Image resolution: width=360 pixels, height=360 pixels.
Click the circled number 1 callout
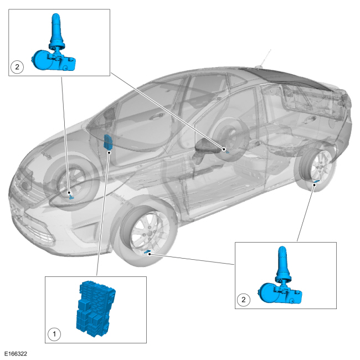tap(54, 333)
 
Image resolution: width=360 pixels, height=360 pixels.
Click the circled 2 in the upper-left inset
tap(17, 67)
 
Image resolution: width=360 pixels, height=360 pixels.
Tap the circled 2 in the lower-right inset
tap(243, 300)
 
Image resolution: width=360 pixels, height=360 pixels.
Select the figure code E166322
tap(16, 354)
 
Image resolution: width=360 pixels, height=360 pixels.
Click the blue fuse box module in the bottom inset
tap(95, 308)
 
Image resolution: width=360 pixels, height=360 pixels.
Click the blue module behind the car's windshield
tap(107, 142)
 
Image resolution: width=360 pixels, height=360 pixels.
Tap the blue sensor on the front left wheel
tap(72, 197)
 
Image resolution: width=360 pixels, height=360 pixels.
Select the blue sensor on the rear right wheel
tap(317, 182)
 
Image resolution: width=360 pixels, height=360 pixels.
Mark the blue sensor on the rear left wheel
tap(227, 152)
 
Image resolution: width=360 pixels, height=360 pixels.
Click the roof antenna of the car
tap(265, 59)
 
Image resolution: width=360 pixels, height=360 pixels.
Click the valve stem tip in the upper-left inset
tap(56, 16)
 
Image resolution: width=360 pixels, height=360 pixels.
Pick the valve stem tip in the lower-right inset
tap(282, 249)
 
